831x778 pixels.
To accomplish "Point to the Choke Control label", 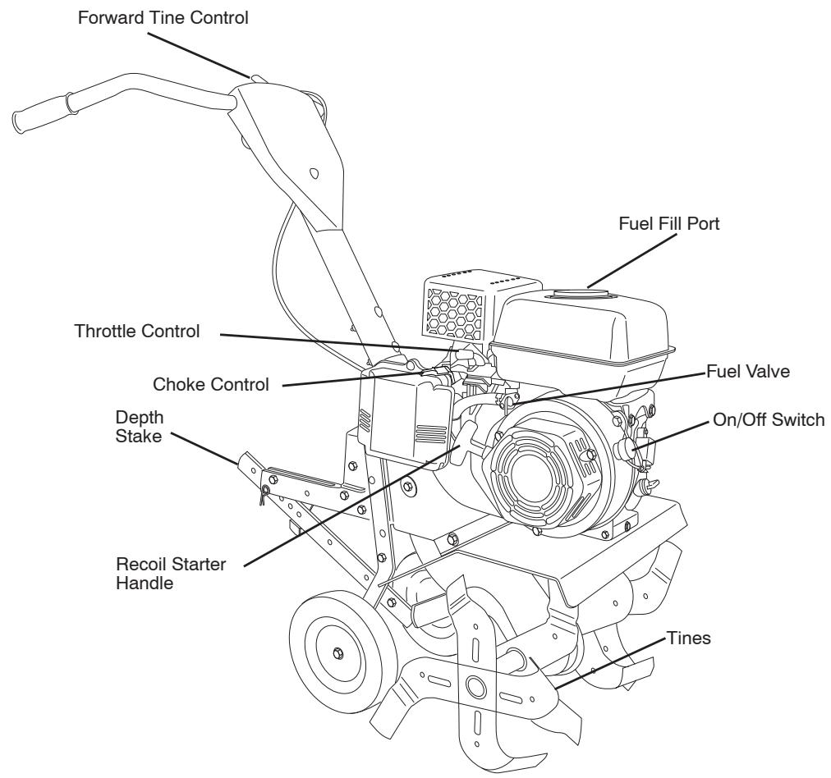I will [211, 384].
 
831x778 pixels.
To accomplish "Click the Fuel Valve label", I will [748, 371].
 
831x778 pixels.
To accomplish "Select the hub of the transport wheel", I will [337, 652].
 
